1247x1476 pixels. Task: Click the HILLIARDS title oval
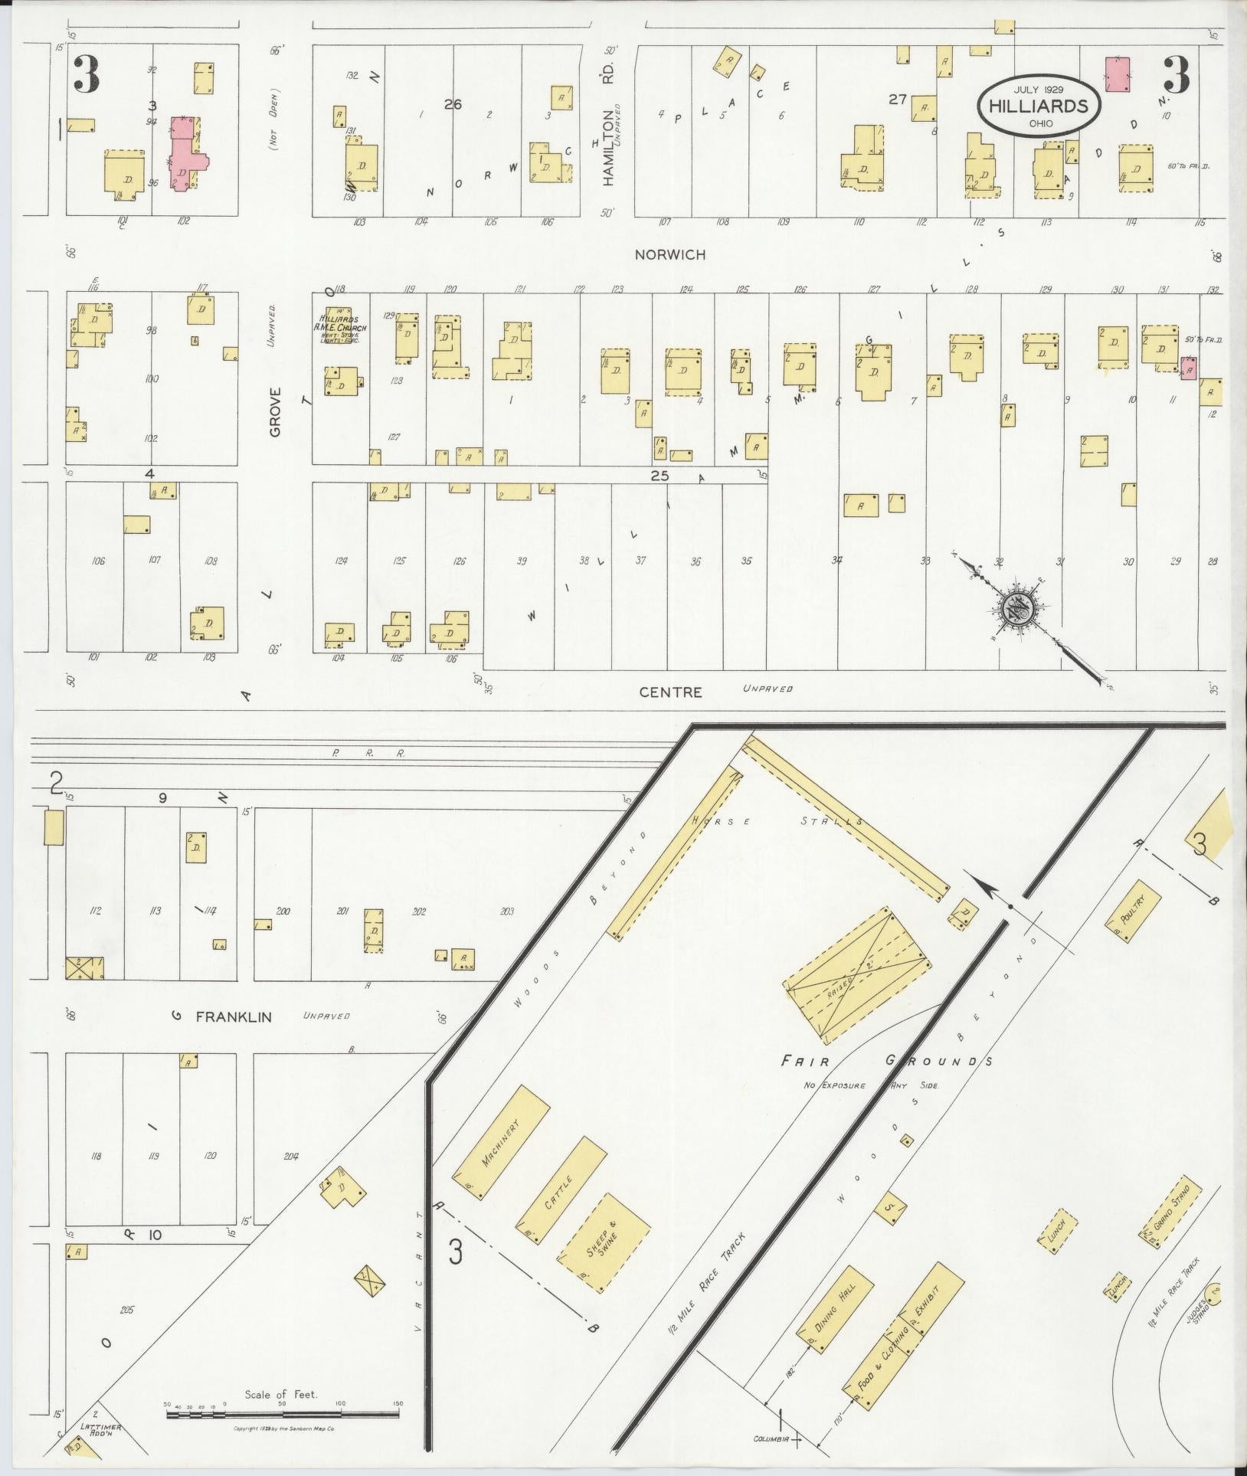(x=1039, y=106)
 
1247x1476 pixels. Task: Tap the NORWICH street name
(x=669, y=254)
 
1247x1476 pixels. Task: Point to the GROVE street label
(x=276, y=411)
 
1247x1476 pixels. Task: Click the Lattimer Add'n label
(x=106, y=1428)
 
